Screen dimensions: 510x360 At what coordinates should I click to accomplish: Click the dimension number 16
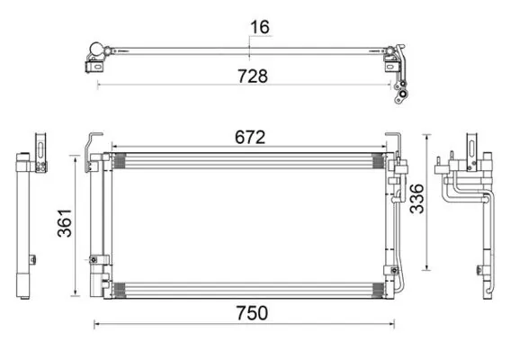(x=260, y=27)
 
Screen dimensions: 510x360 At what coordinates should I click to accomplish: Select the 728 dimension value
(x=253, y=76)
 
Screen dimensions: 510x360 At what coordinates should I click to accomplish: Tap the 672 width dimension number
(x=250, y=137)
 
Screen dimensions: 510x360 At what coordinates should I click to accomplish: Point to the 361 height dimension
(x=65, y=223)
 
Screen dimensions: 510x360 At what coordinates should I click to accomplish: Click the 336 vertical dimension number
(x=417, y=199)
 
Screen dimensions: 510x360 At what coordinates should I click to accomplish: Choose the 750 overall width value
(x=252, y=313)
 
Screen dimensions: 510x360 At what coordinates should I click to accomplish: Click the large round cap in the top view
(x=97, y=49)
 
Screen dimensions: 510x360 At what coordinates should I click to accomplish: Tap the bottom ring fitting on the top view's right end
(x=403, y=94)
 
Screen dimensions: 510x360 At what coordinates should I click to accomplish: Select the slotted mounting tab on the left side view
(x=40, y=152)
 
